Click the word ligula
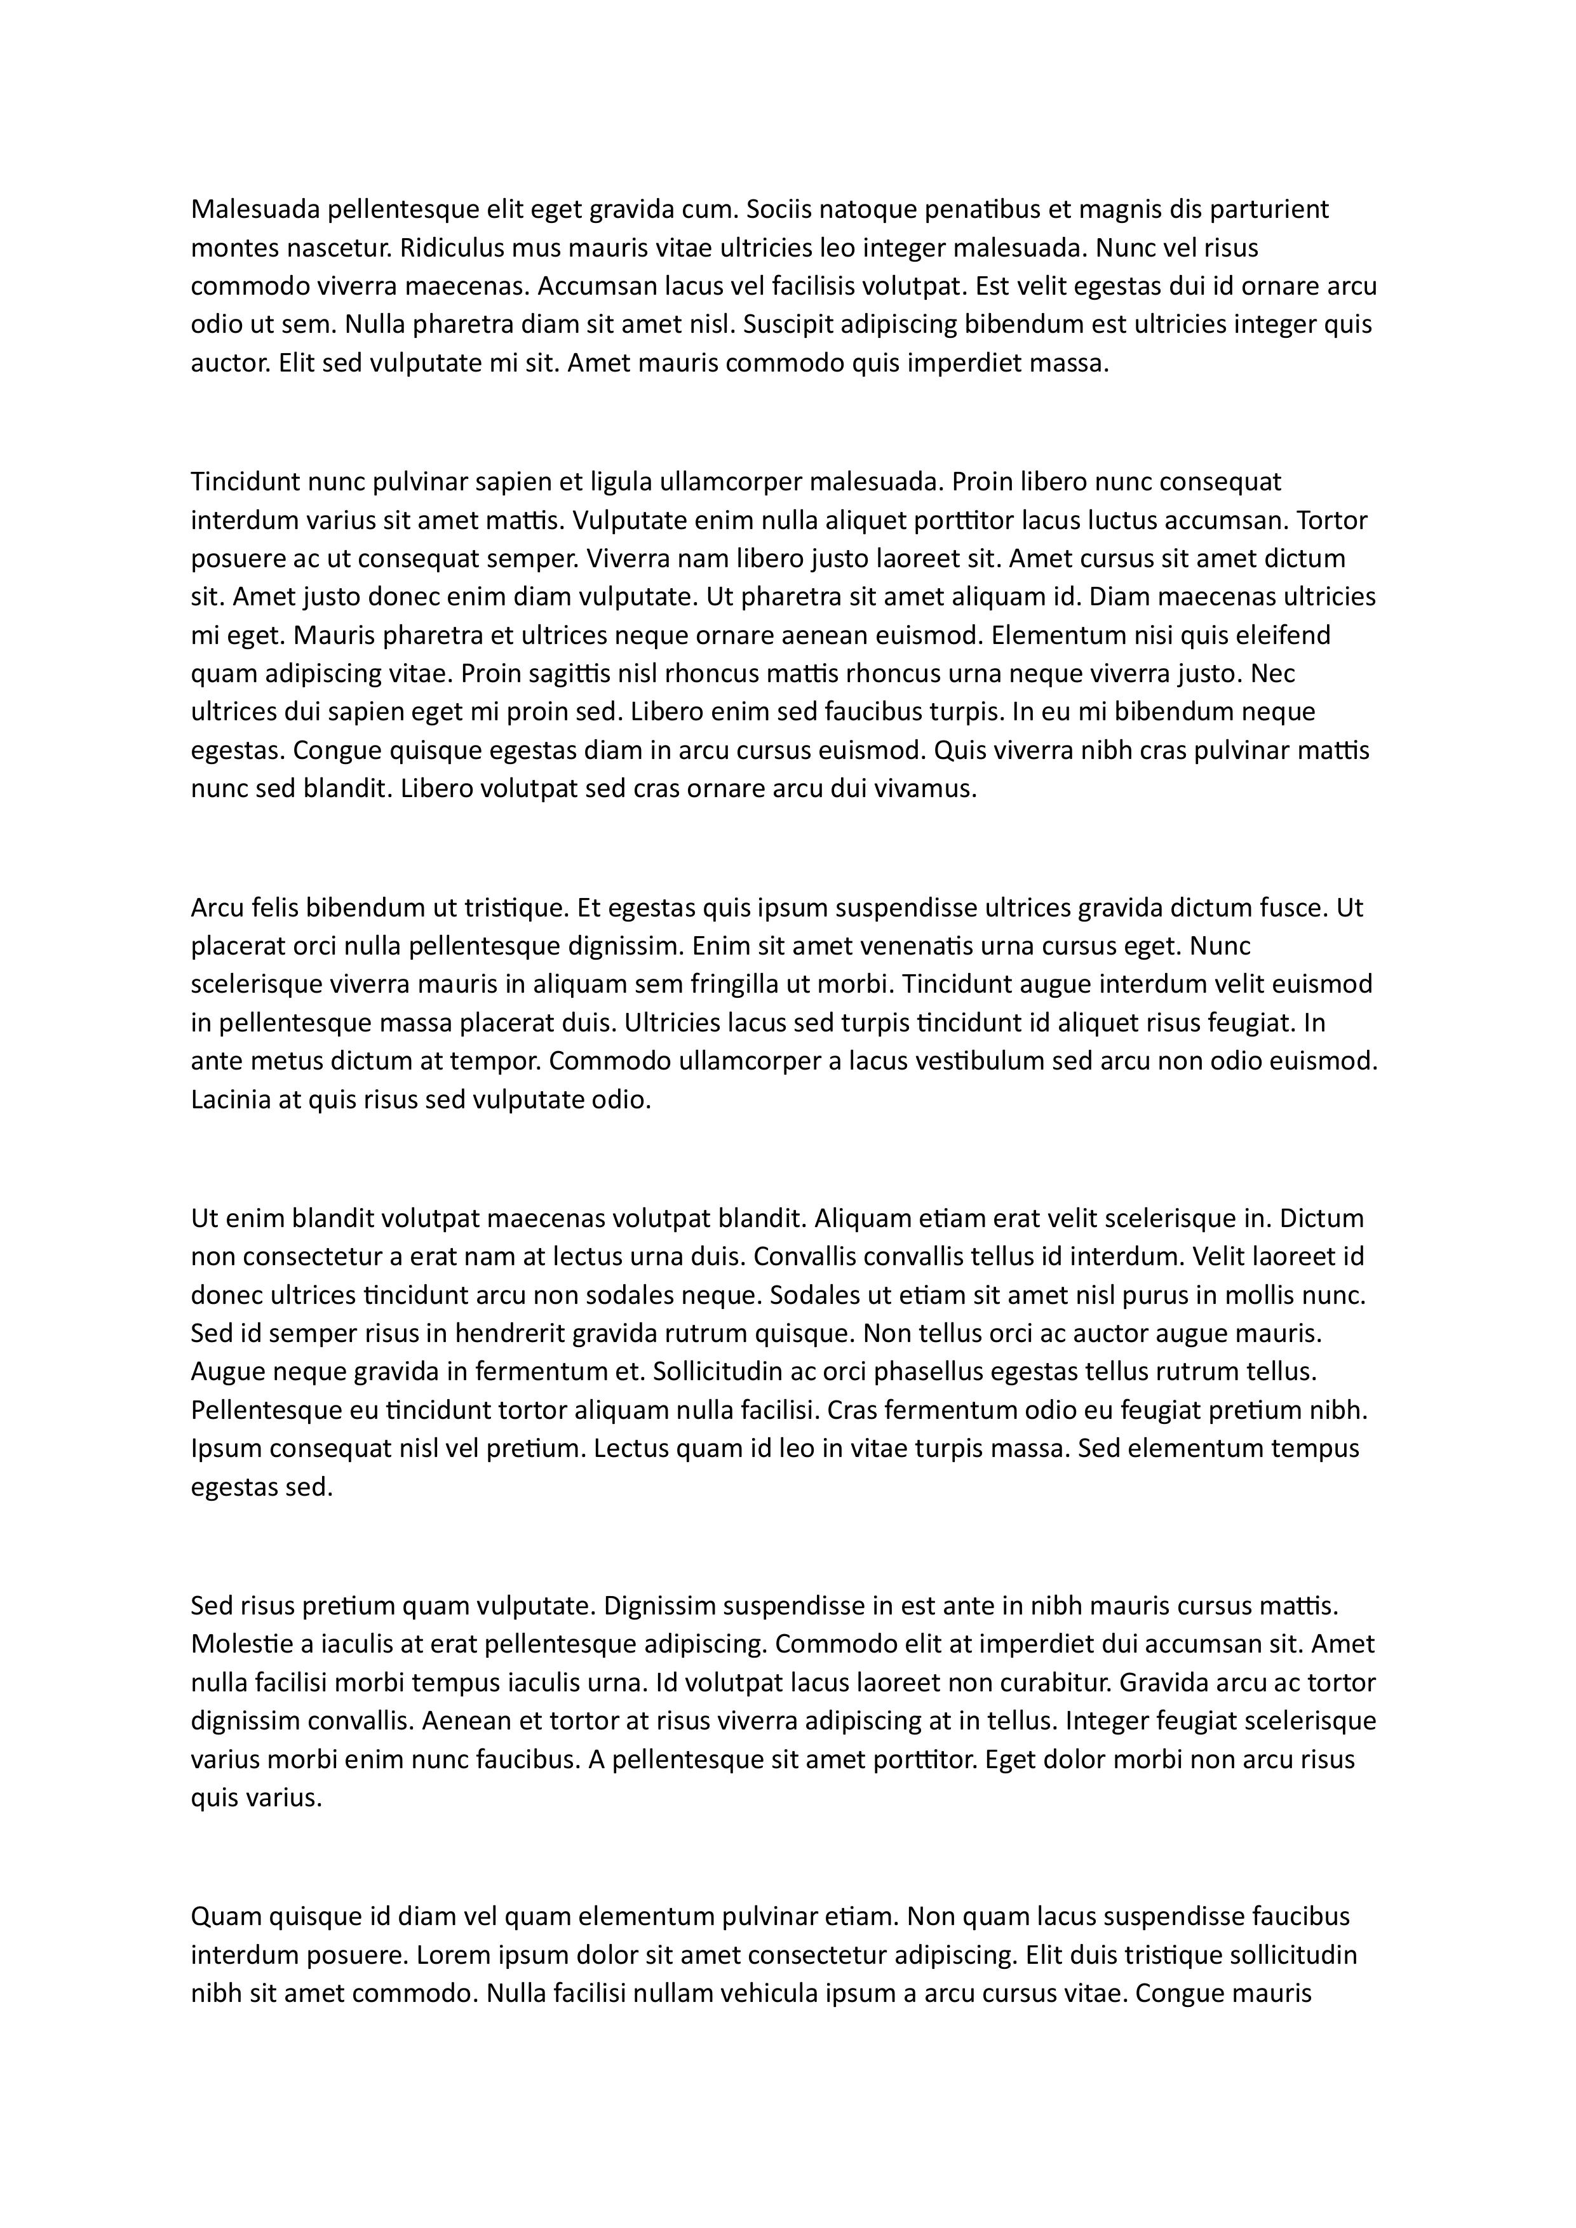click(x=620, y=482)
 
